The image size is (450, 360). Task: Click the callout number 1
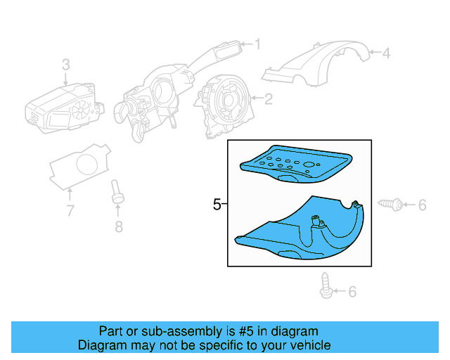[x=257, y=45]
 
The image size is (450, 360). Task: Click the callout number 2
[x=268, y=99]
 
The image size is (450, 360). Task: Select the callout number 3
[x=66, y=65]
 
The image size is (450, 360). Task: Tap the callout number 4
[x=385, y=51]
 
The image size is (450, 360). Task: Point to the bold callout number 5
[x=217, y=205]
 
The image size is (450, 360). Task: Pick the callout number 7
[x=70, y=210]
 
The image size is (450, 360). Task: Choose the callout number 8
[x=118, y=226]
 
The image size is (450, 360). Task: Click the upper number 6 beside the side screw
[x=422, y=205]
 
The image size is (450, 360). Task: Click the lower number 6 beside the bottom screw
[x=352, y=290]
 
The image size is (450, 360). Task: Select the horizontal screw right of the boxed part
[x=391, y=205]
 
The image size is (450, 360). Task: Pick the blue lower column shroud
[x=302, y=232]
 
